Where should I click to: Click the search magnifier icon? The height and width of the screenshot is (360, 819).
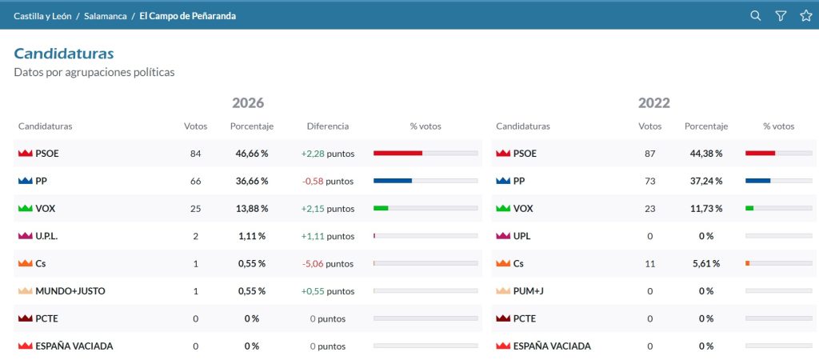click(755, 16)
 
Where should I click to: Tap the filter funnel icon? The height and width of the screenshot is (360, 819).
click(781, 16)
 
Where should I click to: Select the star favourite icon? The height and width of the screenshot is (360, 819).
click(806, 16)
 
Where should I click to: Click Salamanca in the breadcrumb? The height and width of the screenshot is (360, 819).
click(106, 16)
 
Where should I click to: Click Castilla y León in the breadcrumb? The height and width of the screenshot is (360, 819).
click(43, 16)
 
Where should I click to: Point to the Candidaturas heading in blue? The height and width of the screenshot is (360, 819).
click(64, 54)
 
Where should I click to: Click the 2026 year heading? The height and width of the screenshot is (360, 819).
click(248, 103)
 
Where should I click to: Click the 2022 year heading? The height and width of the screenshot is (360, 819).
click(654, 103)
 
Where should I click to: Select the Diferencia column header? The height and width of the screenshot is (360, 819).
click(328, 126)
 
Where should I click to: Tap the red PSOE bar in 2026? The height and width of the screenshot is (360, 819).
click(398, 153)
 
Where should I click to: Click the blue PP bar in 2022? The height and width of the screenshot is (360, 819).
click(758, 181)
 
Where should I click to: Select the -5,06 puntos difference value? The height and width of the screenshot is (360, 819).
click(328, 264)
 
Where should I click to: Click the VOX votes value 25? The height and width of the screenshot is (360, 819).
click(196, 209)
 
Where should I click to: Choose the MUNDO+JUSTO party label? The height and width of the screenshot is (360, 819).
click(70, 291)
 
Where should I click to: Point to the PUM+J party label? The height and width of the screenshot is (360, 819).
click(529, 291)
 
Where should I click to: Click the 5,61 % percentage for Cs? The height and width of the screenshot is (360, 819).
click(706, 264)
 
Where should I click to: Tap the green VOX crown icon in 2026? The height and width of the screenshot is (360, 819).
click(25, 209)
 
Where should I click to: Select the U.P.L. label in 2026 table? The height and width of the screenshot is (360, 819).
click(46, 236)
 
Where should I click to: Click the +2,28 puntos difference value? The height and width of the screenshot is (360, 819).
click(328, 154)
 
